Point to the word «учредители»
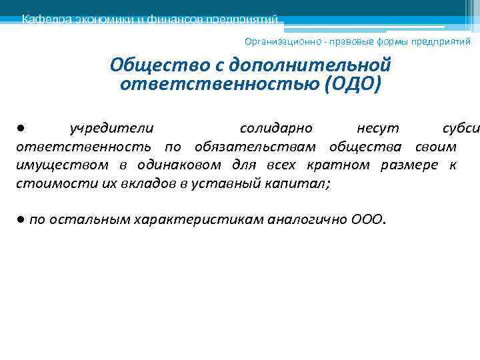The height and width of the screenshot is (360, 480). [x=112, y=127]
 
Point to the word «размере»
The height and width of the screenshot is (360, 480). [x=409, y=165]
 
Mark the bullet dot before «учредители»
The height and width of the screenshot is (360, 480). [x=21, y=127]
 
